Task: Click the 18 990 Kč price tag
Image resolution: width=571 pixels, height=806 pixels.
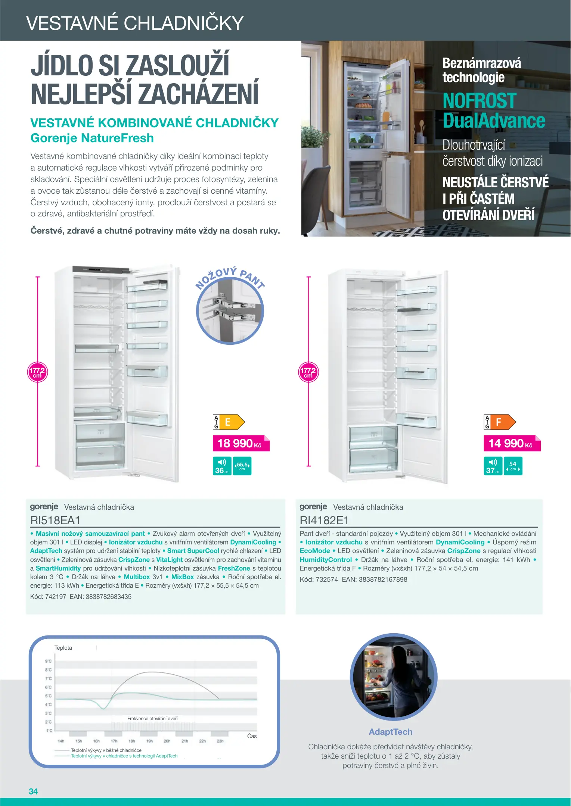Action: point(241,443)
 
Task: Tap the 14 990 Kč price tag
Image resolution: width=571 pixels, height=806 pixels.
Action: point(512,443)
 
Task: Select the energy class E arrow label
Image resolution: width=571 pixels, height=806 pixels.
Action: point(229,422)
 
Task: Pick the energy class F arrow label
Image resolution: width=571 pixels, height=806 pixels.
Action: point(500,422)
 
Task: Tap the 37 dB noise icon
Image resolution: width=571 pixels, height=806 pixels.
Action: point(493,466)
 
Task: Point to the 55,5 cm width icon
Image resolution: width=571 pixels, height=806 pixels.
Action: point(242,466)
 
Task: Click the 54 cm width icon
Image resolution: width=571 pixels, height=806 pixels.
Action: point(513,466)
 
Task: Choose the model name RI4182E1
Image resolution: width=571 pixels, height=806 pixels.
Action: point(324,520)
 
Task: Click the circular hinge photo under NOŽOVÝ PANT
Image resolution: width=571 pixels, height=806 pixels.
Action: point(230,311)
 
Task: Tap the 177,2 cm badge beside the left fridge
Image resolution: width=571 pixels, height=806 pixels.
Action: point(37,372)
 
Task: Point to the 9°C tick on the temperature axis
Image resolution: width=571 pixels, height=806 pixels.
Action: point(49,661)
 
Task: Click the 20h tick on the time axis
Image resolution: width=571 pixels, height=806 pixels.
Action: point(167,741)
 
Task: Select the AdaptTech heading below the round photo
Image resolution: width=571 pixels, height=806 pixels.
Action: point(391,732)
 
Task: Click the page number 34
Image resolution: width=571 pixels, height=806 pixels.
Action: point(33,791)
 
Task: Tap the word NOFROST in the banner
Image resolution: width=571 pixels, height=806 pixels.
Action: point(480,101)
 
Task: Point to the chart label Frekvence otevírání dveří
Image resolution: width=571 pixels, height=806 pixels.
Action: point(152,718)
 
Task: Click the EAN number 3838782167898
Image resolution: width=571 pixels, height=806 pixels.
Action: point(383,579)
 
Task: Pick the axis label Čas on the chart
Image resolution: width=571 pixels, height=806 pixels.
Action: point(252,736)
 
